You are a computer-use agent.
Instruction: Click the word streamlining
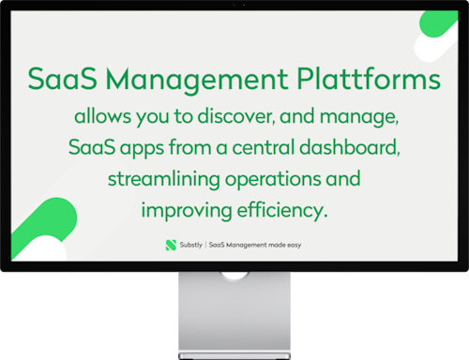click(x=160, y=178)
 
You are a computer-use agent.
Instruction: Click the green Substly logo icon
click(x=170, y=244)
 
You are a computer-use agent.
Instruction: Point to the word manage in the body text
click(x=363, y=119)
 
